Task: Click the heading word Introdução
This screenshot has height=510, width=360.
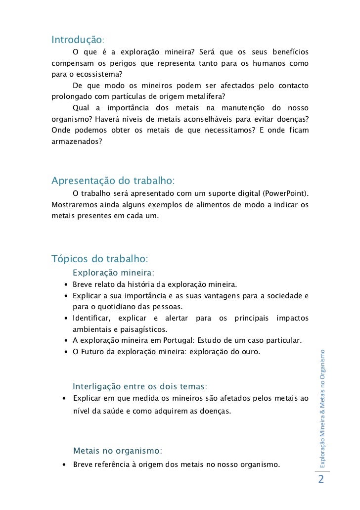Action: pos(77,39)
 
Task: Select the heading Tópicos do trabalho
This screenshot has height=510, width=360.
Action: pos(99,259)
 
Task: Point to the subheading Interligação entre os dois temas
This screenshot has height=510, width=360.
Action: pos(140,386)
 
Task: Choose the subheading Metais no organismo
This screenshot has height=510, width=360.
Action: pos(117,451)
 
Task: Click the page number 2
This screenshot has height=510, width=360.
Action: pos(321,480)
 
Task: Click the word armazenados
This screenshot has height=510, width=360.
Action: pos(77,141)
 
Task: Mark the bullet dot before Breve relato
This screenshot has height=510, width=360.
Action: pos(66,285)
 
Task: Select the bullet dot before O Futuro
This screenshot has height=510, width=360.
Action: pos(66,353)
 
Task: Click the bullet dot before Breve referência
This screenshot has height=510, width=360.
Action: pos(65,465)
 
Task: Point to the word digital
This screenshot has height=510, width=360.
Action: pos(249,192)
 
